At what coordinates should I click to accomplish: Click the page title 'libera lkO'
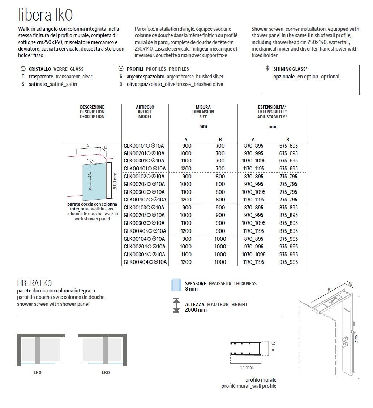tap(46, 15)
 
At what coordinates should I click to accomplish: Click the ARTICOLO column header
tap(145, 107)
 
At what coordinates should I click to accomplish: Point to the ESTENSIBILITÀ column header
tap(272, 107)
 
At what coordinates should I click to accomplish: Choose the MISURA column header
tap(203, 107)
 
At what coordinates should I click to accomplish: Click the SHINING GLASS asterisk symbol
tap(267, 69)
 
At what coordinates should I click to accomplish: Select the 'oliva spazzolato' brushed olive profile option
tap(175, 84)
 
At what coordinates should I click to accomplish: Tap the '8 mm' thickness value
tap(192, 289)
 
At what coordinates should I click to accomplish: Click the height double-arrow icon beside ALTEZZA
tap(176, 305)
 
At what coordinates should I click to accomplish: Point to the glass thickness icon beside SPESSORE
tap(176, 285)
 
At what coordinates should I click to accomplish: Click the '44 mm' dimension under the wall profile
tap(246, 368)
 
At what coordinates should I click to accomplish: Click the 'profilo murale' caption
tap(261, 380)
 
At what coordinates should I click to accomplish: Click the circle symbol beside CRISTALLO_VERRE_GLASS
tap(23, 69)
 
